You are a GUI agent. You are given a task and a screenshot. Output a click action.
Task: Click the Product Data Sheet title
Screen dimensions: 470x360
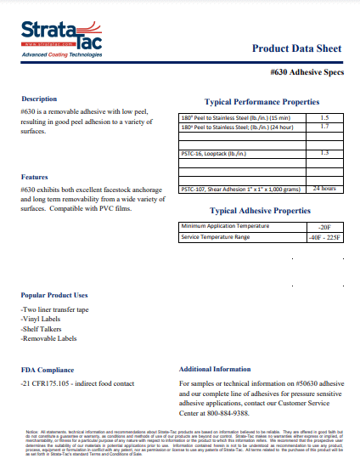tap(296, 48)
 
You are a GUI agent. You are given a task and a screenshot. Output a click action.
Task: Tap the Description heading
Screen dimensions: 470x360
tap(39, 99)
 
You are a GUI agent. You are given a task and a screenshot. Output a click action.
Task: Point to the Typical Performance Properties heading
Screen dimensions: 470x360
tap(262, 101)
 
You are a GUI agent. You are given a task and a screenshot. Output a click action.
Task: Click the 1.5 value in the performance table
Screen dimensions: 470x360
tap(324, 117)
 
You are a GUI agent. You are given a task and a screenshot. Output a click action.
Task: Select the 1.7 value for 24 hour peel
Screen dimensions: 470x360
tap(324, 127)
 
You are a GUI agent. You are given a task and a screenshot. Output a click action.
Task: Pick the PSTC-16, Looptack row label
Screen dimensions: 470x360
tap(213, 153)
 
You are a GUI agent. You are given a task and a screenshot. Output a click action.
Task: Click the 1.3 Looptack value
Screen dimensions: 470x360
tap(324, 153)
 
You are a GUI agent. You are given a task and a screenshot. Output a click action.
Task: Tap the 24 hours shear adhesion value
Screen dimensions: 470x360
tap(324, 189)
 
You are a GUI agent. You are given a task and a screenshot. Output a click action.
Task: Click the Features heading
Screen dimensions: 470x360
tap(35, 177)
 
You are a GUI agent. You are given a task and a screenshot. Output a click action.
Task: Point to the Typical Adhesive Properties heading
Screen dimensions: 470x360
tap(260, 211)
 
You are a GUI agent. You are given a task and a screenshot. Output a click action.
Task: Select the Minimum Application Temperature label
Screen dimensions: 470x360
tap(224, 226)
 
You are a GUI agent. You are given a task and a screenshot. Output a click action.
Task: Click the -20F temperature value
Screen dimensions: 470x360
tap(324, 227)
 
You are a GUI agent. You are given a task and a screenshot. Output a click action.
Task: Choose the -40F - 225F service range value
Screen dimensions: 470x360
tap(324, 237)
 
